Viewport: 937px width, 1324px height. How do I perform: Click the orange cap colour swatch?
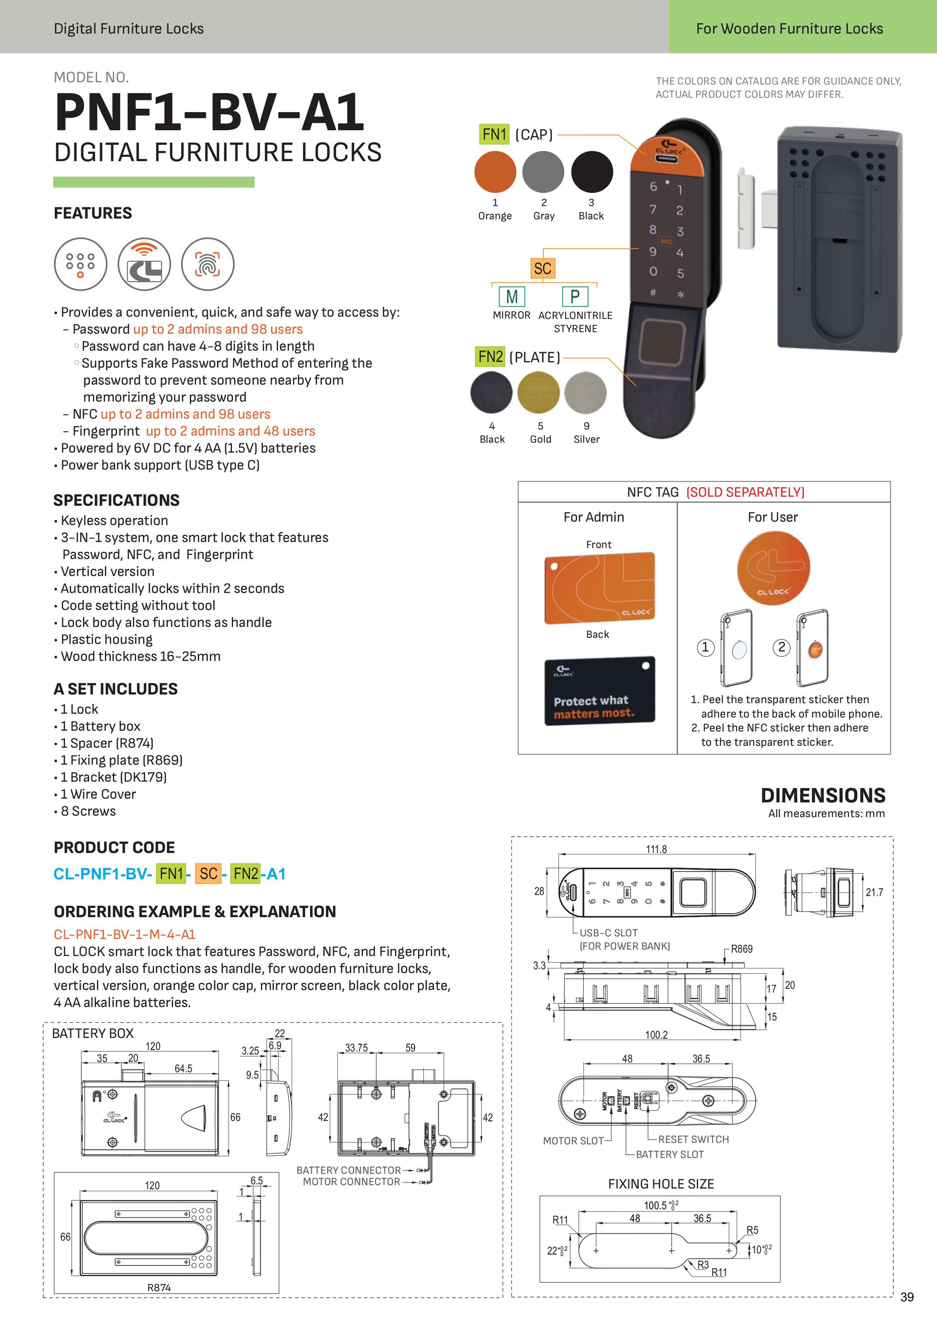tap(495, 172)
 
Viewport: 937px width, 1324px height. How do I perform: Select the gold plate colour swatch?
tap(538, 393)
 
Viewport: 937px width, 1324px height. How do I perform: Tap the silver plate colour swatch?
tap(586, 393)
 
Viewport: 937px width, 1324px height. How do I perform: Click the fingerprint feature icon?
tap(208, 264)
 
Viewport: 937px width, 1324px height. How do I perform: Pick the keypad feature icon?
tap(81, 264)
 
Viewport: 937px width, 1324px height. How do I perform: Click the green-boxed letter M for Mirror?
tap(511, 296)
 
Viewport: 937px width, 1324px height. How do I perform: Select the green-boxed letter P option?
tap(574, 296)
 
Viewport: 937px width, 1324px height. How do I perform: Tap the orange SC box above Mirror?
tap(542, 268)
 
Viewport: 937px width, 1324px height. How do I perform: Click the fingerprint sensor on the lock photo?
tap(664, 340)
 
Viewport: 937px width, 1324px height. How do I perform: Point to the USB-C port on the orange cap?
tap(669, 159)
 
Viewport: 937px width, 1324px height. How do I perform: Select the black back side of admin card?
tap(599, 690)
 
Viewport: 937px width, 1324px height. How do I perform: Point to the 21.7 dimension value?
tap(873, 892)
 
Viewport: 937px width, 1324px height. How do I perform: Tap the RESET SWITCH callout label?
tap(693, 1139)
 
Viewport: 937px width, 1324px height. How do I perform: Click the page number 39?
tap(906, 1297)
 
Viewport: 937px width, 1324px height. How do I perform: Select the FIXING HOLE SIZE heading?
tap(661, 1184)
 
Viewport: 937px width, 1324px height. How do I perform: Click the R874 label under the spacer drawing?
tap(159, 1287)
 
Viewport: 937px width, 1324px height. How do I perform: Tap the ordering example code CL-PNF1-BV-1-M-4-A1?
tap(125, 934)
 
